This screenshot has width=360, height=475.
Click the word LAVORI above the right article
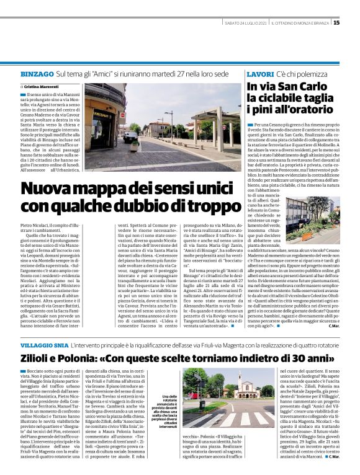[x=256, y=74]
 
